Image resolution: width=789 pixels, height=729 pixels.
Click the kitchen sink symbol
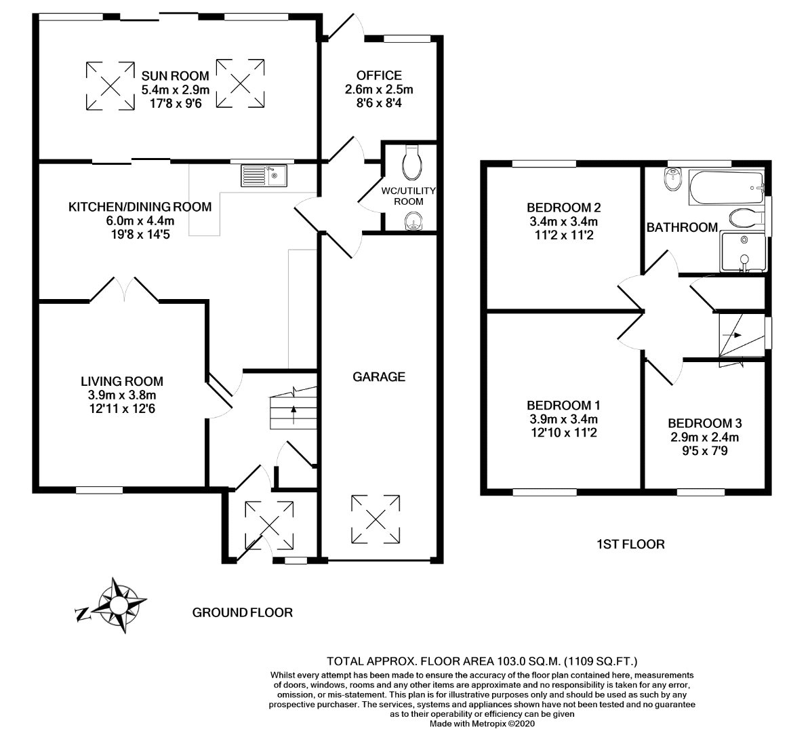(264, 176)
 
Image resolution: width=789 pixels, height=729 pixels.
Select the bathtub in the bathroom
(727, 188)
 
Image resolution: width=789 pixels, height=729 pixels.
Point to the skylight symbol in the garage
(376, 519)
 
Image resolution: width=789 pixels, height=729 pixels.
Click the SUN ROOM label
(175, 76)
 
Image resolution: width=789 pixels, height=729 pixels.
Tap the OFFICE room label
(379, 75)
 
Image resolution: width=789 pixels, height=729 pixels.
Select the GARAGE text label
(379, 376)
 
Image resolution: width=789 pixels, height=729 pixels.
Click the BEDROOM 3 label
(704, 423)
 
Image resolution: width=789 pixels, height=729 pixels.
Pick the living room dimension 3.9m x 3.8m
(122, 395)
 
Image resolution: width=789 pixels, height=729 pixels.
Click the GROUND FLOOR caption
(243, 612)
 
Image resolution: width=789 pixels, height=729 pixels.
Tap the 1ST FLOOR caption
(630, 545)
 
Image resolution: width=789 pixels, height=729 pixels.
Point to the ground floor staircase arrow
(294, 415)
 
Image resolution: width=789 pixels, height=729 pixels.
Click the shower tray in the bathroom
(743, 251)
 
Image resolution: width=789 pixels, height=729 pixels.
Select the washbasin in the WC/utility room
(413, 221)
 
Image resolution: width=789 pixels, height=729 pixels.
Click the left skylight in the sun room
(110, 85)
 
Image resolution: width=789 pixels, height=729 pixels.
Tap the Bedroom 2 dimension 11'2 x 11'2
(563, 235)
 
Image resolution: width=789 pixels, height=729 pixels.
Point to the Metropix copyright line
(481, 724)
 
